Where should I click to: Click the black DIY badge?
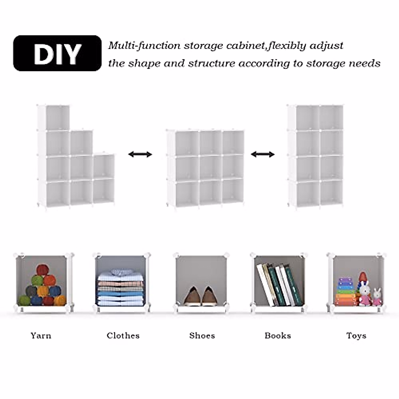tap(57, 53)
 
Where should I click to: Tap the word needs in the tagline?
tap(364, 63)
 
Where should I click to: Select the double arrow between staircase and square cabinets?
tap(140, 154)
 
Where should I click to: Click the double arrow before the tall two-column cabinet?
tap(263, 154)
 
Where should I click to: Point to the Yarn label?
tap(41, 335)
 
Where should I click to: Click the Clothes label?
tap(123, 335)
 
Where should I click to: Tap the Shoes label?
tap(202, 335)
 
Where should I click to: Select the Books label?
tap(278, 335)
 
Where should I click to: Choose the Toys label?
tap(356, 335)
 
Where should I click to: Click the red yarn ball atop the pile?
tap(42, 270)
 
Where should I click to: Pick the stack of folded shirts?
tap(121, 288)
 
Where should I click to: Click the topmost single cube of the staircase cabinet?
tap(57, 118)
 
